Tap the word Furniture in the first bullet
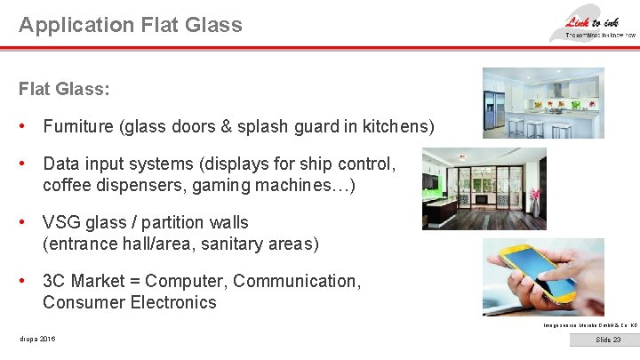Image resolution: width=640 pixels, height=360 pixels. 78,127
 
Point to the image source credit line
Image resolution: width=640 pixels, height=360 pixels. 589,324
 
